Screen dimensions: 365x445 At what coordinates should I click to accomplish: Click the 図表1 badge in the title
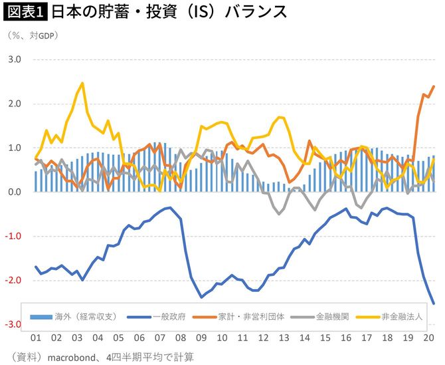pos(25,13)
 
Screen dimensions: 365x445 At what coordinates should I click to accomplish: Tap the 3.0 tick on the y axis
pos(14,60)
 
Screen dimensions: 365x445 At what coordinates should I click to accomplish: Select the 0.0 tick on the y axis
pos(14,192)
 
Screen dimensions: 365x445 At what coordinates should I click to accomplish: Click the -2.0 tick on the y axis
pos(13,281)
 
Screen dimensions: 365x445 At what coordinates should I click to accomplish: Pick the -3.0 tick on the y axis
pos(13,324)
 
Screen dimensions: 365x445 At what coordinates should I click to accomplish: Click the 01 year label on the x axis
pos(36,338)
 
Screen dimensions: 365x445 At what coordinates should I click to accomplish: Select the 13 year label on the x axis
pos(283,338)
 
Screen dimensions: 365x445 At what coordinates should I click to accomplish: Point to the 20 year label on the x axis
pos(429,338)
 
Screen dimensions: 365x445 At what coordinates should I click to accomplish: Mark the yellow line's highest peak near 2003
pos(82,83)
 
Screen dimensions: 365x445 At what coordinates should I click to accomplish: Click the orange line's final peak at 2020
pos(434,86)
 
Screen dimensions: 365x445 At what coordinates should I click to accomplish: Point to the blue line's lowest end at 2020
pos(434,304)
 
